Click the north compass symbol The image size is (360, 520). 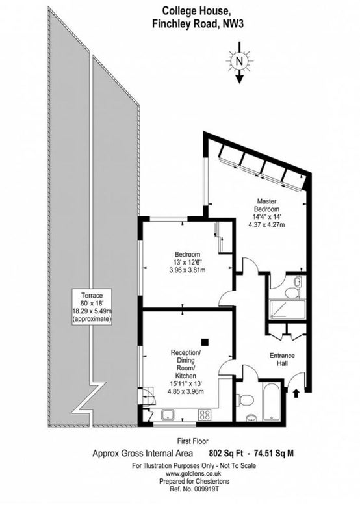click(239, 61)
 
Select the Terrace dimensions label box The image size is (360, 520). click(92, 307)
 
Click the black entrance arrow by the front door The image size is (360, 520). click(296, 393)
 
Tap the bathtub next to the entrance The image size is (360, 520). click(272, 402)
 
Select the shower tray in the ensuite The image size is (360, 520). click(287, 310)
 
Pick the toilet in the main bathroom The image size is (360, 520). click(245, 399)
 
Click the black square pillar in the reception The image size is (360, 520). click(205, 342)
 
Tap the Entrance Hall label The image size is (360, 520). click(282, 359)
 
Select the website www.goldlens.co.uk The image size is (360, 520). click(193, 474)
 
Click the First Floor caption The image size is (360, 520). click(193, 441)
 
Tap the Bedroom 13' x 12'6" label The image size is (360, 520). click(188, 262)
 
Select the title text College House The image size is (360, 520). click(196, 11)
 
